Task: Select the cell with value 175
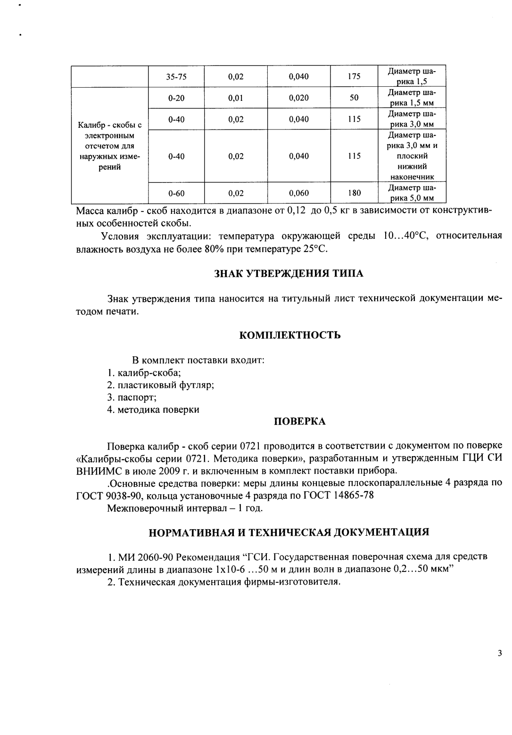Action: coord(354,77)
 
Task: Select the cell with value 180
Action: coord(354,193)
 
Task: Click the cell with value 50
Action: coord(354,98)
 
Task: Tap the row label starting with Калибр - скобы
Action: coord(109,146)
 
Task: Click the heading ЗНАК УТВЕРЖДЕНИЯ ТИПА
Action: coord(289,274)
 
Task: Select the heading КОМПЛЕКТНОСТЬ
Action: coord(290,335)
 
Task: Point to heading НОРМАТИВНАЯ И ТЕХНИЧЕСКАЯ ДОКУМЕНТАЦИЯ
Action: coord(289,532)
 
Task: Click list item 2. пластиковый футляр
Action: coord(160,385)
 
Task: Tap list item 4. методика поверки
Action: coord(153,409)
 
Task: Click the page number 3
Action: coord(499,653)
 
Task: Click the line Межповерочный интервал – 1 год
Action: coord(185,508)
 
